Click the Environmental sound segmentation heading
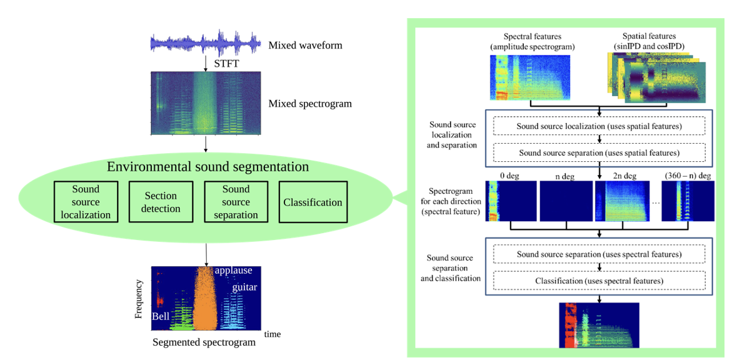(x=208, y=167)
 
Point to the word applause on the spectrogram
(x=233, y=271)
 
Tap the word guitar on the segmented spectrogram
(x=244, y=287)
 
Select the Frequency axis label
(x=139, y=299)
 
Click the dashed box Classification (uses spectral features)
(x=599, y=281)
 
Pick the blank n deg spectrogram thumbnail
(x=566, y=201)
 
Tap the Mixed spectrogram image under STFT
(x=206, y=104)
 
